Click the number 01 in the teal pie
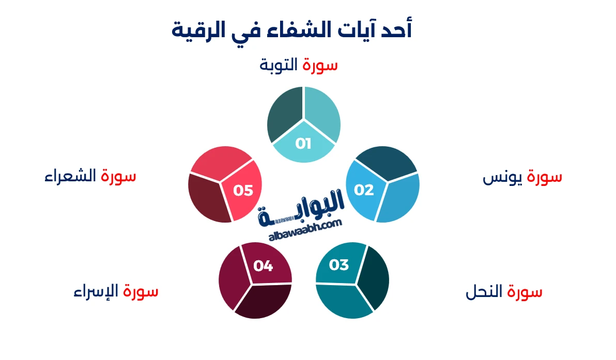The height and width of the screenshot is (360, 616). click(x=303, y=143)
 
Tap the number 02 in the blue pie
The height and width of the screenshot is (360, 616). click(x=364, y=190)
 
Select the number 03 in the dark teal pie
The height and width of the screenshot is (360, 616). click(x=339, y=265)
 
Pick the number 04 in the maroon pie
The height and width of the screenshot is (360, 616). click(x=263, y=266)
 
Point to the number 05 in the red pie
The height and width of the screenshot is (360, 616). click(x=243, y=191)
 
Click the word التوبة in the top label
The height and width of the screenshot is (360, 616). click(x=279, y=66)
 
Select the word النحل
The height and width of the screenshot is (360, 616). click(x=485, y=292)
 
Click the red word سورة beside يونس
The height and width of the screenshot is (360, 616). click(x=545, y=177)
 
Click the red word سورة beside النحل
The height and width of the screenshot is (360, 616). click(x=525, y=292)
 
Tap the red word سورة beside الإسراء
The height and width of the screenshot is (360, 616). click(x=141, y=291)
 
